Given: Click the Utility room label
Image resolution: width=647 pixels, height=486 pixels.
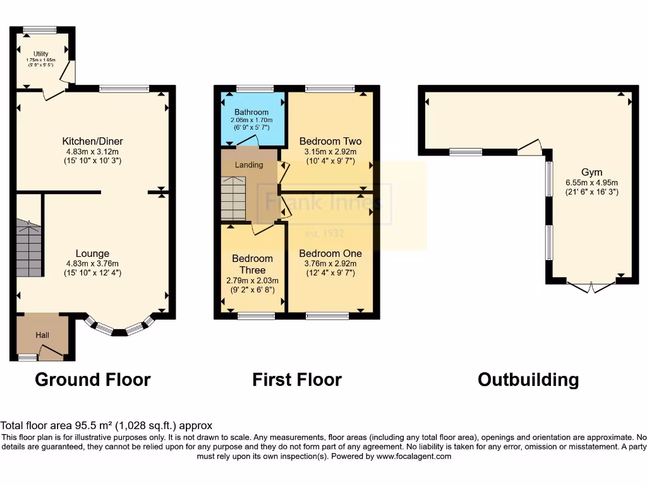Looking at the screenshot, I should [40, 54].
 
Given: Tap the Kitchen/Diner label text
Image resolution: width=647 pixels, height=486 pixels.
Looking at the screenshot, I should [92, 141].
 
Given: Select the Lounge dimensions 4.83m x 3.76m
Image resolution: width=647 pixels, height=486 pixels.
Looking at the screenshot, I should [92, 264].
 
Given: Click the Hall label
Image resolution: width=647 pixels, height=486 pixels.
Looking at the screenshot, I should [42, 335].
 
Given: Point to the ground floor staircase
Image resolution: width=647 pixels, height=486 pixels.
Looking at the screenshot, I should [29, 247].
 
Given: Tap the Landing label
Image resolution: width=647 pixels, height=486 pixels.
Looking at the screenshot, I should [249, 165].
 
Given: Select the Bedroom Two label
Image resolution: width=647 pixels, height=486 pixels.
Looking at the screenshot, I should [330, 141].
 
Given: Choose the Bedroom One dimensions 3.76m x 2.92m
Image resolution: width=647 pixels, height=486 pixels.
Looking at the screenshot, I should [330, 264].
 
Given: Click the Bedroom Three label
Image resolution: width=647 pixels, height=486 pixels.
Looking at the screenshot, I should [252, 264].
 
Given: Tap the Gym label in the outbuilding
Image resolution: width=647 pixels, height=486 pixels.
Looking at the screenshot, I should [592, 172].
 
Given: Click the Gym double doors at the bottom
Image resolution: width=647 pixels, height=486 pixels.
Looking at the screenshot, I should [591, 286].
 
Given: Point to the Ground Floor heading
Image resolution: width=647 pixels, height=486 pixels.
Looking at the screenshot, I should [92, 380].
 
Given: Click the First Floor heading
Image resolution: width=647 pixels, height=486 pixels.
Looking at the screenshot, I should [297, 380].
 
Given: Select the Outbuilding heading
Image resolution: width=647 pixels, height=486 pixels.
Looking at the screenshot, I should [528, 380].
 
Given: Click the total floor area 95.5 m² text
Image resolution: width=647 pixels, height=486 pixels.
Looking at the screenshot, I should [106, 426].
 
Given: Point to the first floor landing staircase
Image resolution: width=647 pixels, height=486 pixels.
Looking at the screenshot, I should [233, 197].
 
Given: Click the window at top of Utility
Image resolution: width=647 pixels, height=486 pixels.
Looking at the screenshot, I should [40, 29].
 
